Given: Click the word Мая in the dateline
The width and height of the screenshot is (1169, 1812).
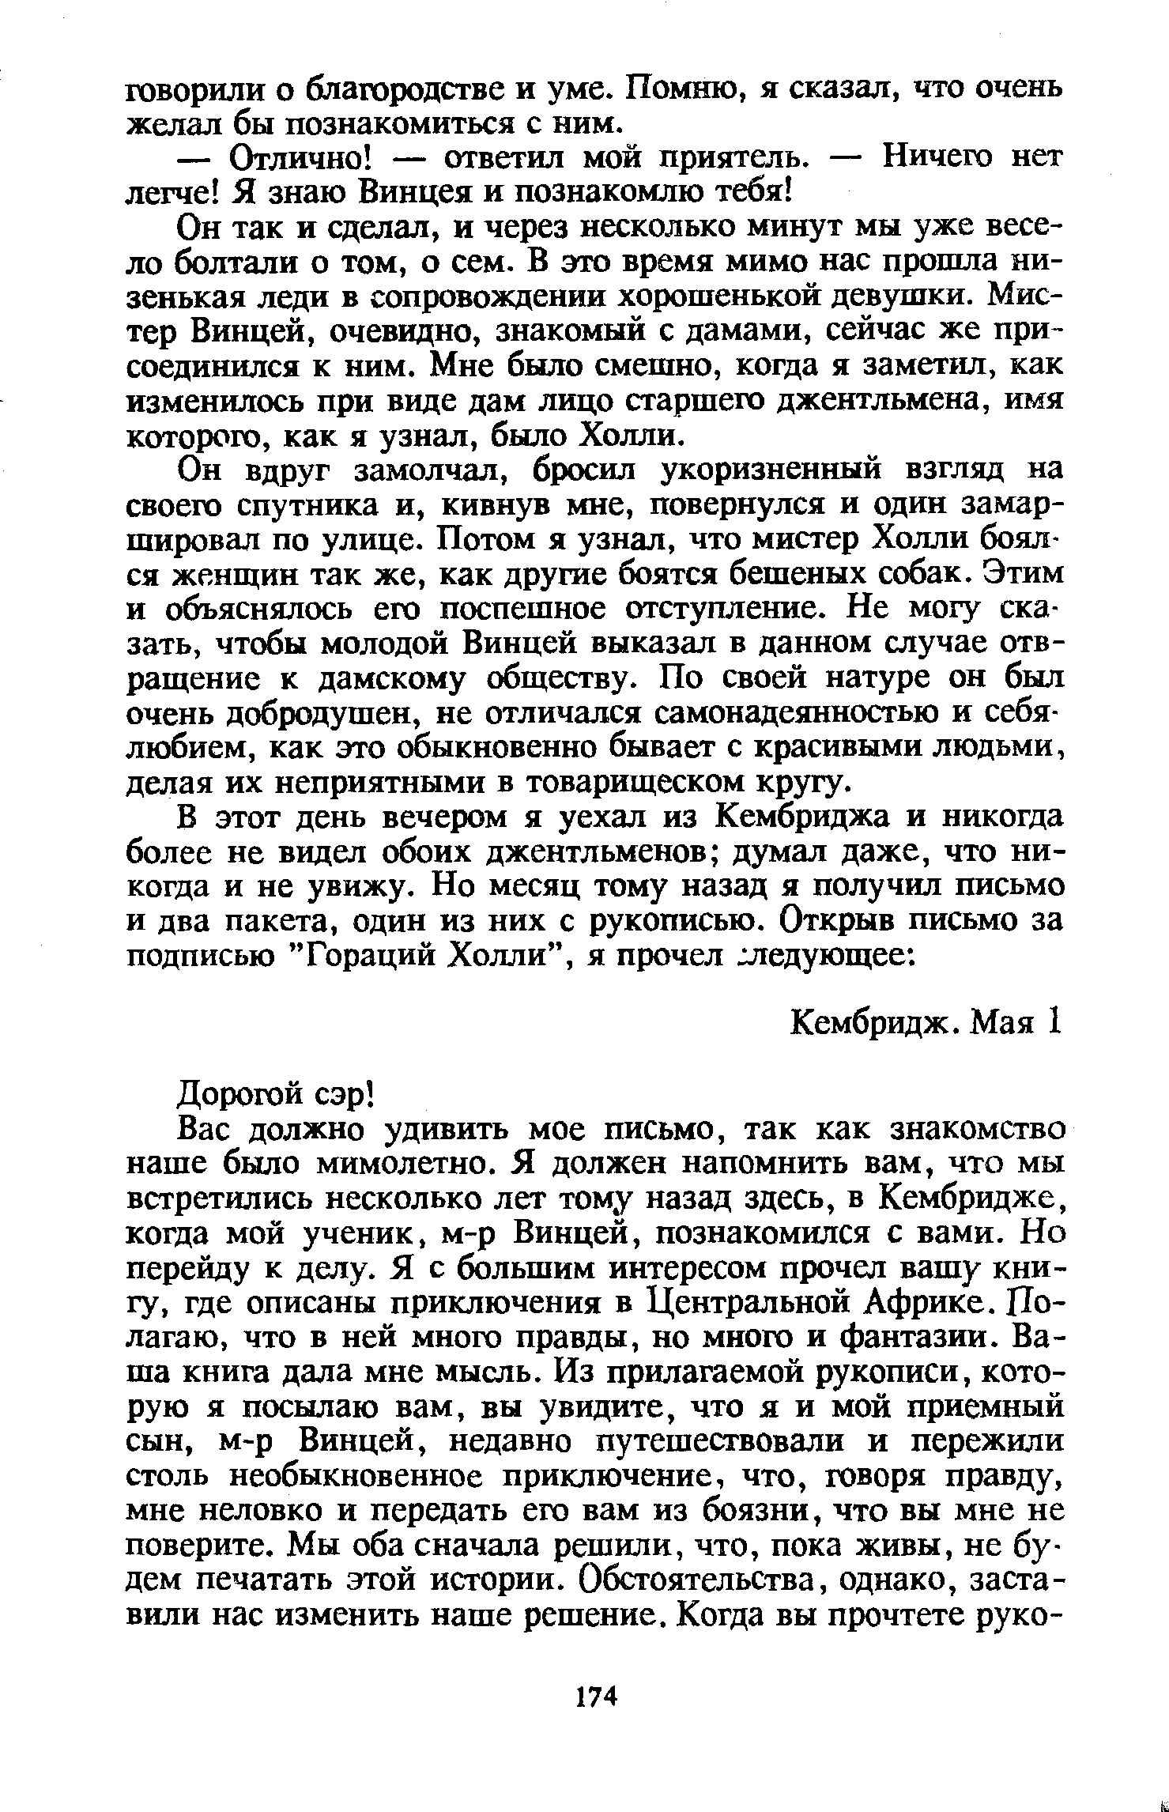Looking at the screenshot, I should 1003,1024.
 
